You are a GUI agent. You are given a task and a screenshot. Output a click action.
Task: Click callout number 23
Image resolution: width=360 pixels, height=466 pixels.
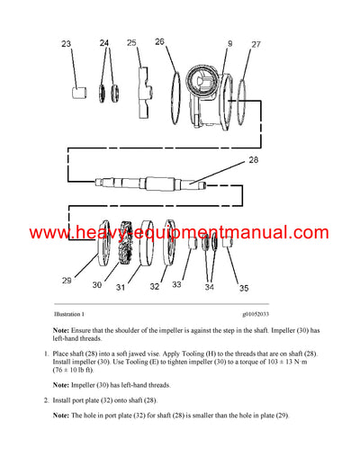[x=66, y=44]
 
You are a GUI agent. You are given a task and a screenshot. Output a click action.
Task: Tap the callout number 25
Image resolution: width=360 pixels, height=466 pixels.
[x=131, y=43]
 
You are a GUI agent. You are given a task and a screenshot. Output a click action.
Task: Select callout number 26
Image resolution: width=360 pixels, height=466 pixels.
[x=159, y=41]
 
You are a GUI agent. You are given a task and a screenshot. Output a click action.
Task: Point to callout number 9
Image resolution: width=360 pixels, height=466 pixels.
[x=229, y=43]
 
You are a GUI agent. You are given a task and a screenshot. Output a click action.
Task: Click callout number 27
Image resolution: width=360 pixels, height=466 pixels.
[x=256, y=44]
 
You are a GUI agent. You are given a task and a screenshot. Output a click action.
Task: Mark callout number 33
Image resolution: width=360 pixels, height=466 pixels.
[x=176, y=284]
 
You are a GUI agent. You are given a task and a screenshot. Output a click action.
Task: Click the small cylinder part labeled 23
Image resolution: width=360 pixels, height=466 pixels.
[x=79, y=92]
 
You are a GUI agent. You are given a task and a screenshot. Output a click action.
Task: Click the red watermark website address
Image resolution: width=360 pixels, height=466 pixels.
[x=180, y=233]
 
